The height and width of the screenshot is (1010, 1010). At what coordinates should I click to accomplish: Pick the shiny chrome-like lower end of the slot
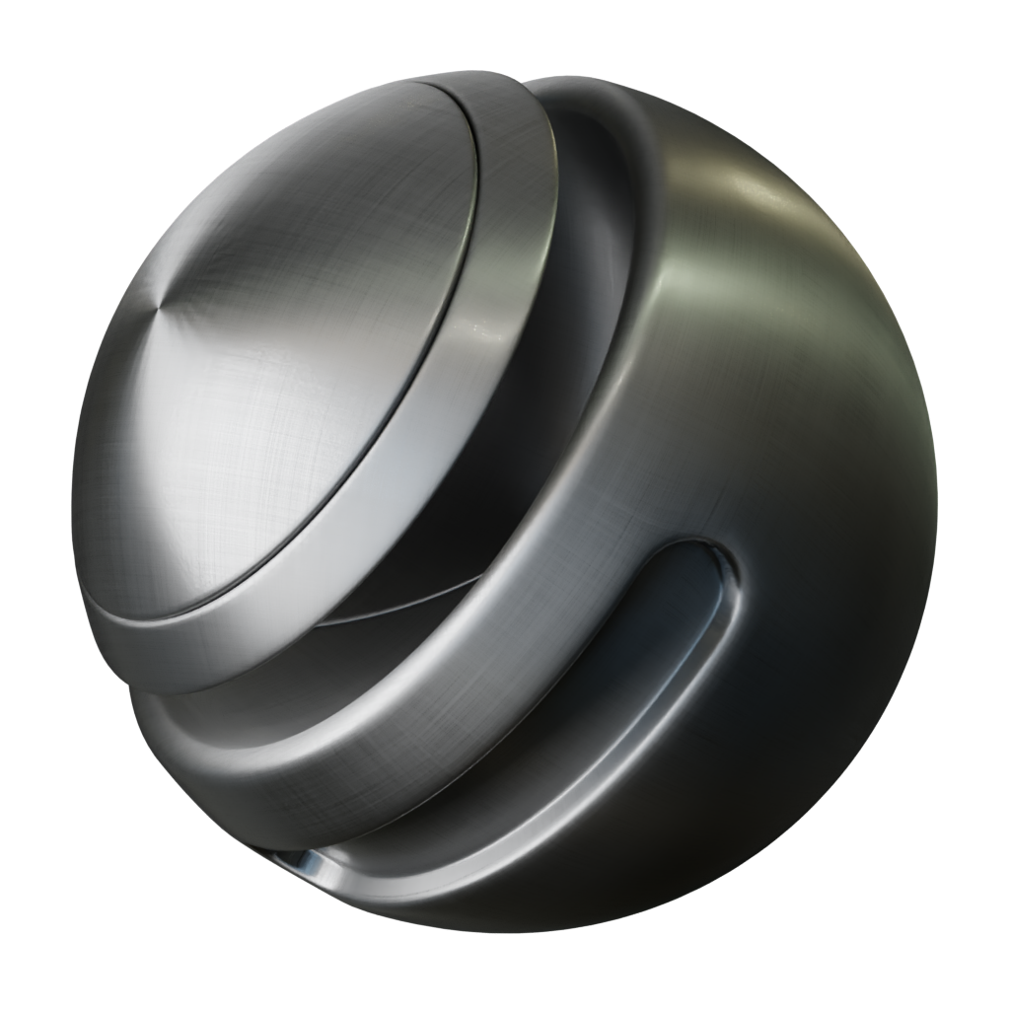tap(316, 868)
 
